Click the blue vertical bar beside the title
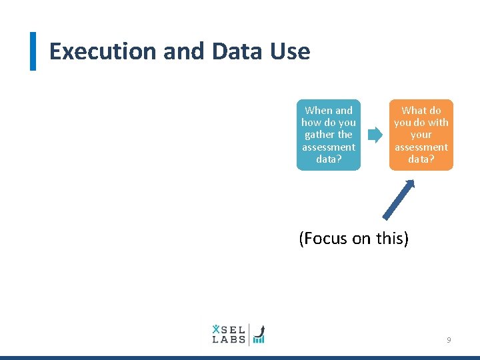33,51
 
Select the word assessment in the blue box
329,147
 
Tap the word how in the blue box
311,123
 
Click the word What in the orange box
413,111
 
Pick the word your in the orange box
421,135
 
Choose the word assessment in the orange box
421,147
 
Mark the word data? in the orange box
421,159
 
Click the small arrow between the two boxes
375,135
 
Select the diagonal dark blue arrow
399,201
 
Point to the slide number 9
449,340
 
